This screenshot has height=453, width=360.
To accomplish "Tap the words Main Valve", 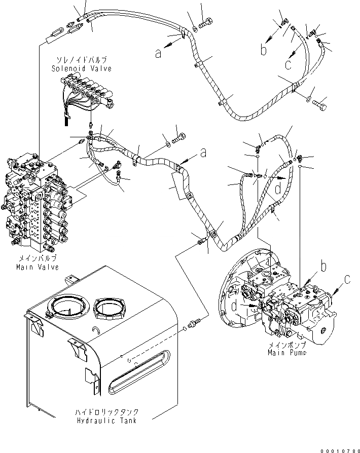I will (x=38, y=267).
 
